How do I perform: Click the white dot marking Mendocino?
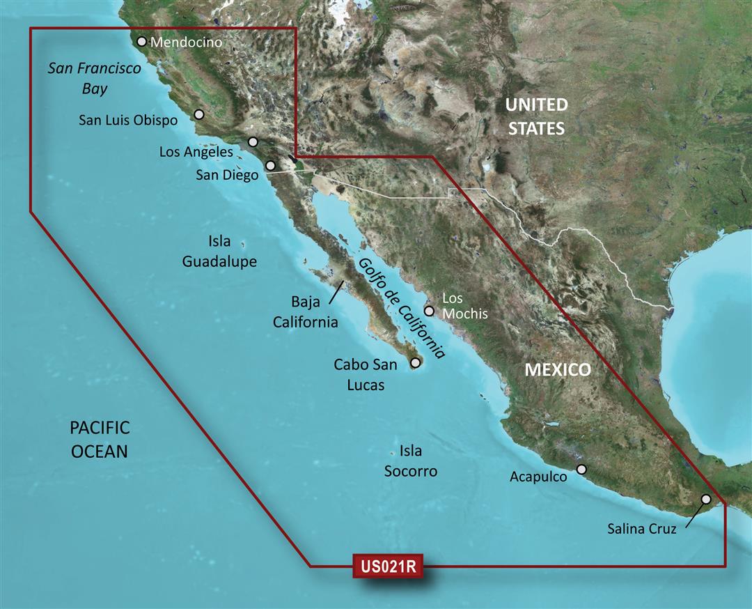click(x=142, y=42)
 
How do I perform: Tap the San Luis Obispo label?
click(x=128, y=121)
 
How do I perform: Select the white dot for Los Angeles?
click(x=253, y=142)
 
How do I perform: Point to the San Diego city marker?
click(x=270, y=166)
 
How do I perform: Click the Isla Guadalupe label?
click(x=219, y=252)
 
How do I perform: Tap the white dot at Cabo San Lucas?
click(x=416, y=362)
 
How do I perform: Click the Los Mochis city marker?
click(x=430, y=311)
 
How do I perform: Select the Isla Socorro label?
click(x=411, y=461)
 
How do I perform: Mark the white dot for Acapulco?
click(x=582, y=470)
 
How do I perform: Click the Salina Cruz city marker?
click(x=706, y=499)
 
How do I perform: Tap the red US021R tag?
click(x=389, y=565)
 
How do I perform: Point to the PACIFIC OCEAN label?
click(x=100, y=439)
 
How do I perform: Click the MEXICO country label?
click(x=557, y=370)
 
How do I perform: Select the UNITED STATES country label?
click(x=535, y=116)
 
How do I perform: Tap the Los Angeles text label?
click(x=196, y=151)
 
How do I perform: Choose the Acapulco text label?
click(x=538, y=477)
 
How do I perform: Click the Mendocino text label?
click(x=186, y=43)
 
